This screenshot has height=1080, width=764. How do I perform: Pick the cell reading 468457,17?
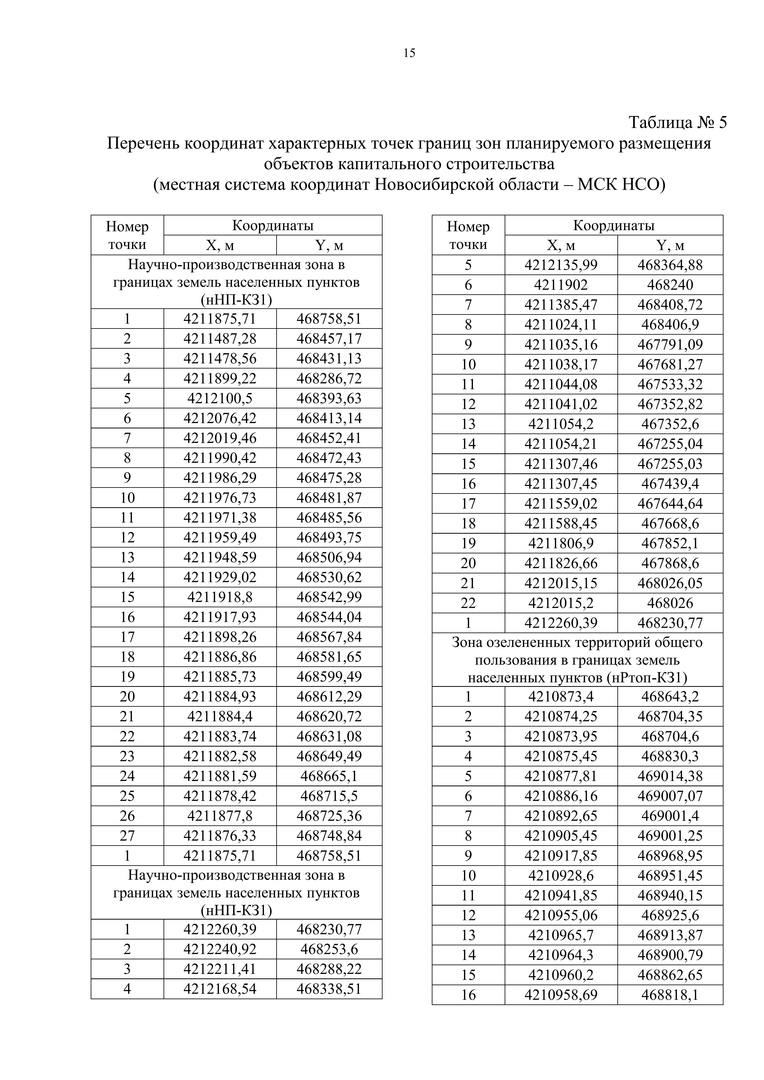pyautogui.click(x=329, y=339)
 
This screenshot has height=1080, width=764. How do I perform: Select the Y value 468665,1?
pyautogui.click(x=329, y=776)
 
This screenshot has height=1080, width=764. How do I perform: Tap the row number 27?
pyautogui.click(x=127, y=836)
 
